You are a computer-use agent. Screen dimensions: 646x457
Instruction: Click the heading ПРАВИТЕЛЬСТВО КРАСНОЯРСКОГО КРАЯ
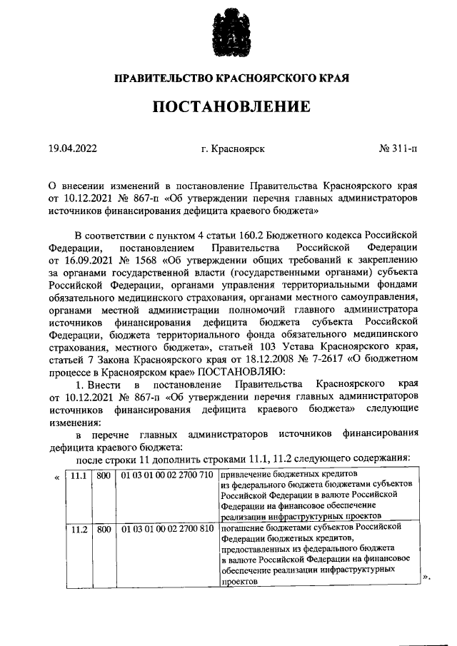228,78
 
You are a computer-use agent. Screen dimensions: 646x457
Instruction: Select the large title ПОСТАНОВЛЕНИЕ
228,107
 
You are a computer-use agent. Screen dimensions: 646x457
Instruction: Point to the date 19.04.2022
73,148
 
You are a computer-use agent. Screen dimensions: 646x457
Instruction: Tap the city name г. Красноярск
233,148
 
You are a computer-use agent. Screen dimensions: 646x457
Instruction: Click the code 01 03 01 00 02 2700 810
166,529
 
